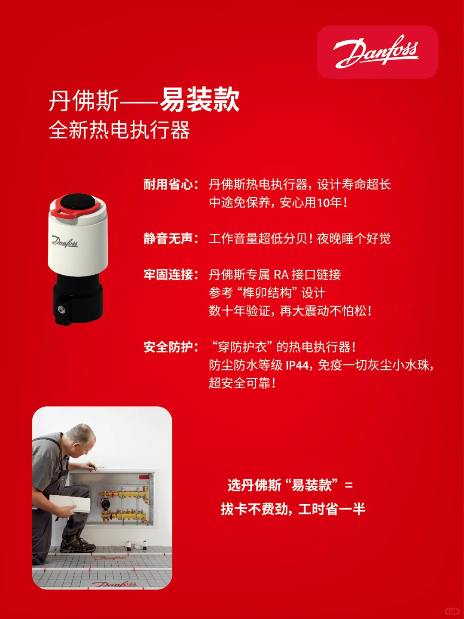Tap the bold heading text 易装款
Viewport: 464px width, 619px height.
click(200, 100)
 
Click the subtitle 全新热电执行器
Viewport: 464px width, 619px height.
click(119, 130)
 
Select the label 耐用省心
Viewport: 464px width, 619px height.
click(168, 185)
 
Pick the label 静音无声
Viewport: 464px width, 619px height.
click(168, 239)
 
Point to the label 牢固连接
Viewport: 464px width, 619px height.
click(168, 275)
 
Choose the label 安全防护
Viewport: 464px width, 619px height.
click(168, 347)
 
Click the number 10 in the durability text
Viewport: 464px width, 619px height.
click(323, 202)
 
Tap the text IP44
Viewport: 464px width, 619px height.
click(298, 365)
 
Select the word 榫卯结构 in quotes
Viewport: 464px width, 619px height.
click(267, 293)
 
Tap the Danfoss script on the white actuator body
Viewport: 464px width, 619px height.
click(65, 242)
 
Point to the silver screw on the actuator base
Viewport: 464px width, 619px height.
click(62, 309)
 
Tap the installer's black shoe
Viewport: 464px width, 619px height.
click(78, 545)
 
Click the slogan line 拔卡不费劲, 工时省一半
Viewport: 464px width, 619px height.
click(293, 509)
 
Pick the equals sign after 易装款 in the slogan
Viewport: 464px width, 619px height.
click(349, 486)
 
